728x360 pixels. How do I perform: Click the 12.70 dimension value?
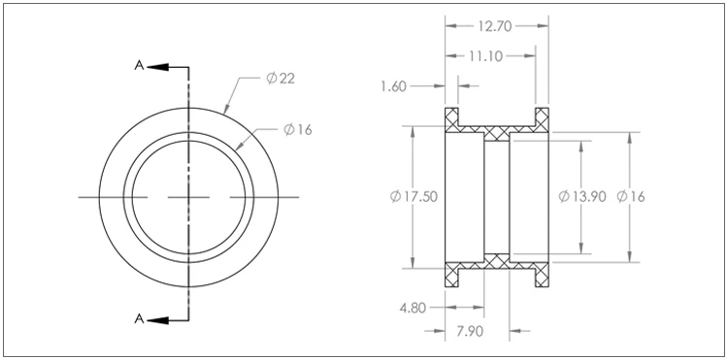tap(495, 26)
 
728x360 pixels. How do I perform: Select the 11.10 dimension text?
tap(485, 56)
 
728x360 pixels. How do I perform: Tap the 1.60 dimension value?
tap(394, 86)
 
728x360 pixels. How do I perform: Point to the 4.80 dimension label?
tap(413, 308)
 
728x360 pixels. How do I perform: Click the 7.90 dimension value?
tap(470, 332)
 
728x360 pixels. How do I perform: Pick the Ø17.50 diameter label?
tap(414, 197)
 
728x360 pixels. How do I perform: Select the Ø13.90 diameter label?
tap(582, 197)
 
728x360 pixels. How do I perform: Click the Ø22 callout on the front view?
tap(281, 79)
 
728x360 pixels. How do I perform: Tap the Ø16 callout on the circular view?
tap(298, 130)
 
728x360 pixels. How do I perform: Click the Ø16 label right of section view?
tap(631, 197)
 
